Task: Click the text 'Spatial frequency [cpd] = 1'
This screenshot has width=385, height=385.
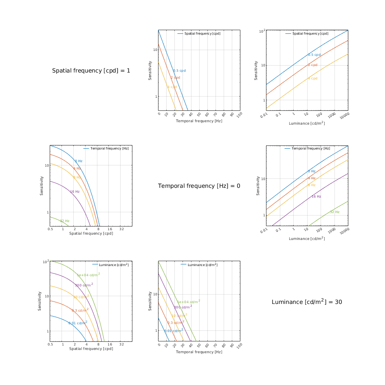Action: click(91, 70)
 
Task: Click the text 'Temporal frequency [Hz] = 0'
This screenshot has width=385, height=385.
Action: click(199, 186)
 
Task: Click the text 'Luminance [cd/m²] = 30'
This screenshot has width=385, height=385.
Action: click(307, 302)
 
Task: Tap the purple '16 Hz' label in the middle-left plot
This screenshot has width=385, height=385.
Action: click(75, 191)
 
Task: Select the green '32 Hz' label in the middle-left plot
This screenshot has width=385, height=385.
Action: click(64, 221)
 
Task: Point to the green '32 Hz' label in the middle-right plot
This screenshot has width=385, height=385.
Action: click(334, 212)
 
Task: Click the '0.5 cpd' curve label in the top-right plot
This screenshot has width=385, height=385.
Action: click(314, 55)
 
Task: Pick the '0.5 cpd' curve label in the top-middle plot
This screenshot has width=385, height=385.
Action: click(179, 70)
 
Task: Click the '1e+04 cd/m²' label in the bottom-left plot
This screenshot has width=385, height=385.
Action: click(88, 275)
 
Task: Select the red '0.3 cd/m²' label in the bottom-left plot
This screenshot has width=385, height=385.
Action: click(80, 310)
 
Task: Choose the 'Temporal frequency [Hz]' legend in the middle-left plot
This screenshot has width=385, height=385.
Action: click(109, 148)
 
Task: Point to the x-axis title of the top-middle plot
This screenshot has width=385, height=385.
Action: click(199, 121)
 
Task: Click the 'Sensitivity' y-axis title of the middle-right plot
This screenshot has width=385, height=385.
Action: click(257, 186)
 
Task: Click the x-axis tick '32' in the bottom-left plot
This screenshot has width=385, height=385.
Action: click(121, 344)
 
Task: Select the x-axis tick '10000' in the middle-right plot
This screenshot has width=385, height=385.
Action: click(345, 231)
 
